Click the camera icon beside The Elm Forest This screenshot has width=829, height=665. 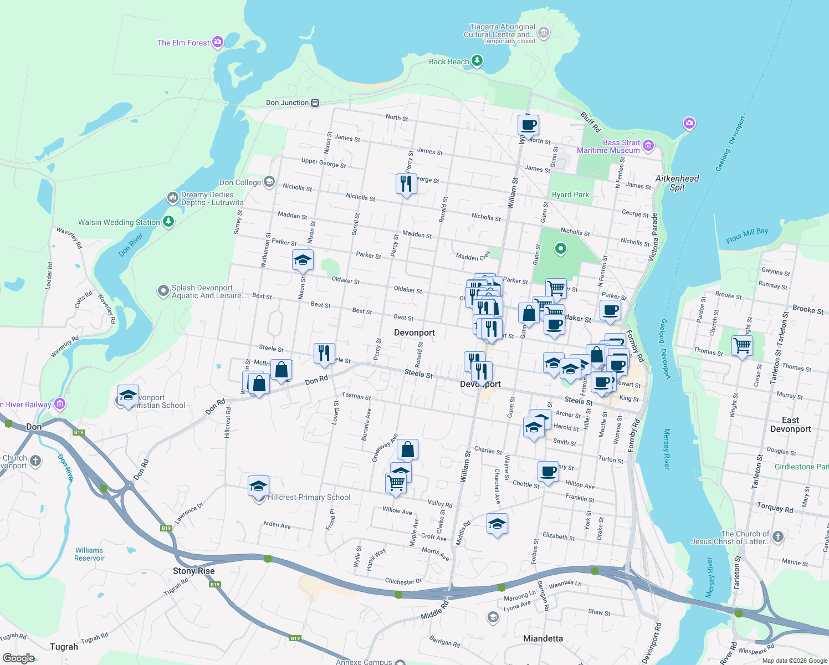(x=218, y=42)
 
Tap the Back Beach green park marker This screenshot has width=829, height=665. (x=477, y=61)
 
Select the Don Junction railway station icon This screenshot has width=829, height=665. (x=315, y=103)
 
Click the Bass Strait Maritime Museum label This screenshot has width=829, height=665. (x=608, y=146)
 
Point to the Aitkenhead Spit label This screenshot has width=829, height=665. (x=677, y=182)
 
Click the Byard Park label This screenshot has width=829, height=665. (x=570, y=195)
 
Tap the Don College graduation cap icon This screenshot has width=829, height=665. (x=269, y=182)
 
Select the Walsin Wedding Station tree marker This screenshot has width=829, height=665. (x=168, y=222)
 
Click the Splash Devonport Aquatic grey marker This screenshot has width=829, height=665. (x=163, y=291)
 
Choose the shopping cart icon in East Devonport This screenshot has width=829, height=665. (x=742, y=346)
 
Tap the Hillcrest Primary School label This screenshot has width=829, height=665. (x=309, y=497)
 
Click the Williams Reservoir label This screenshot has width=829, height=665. (x=89, y=554)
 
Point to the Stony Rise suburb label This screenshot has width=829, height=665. (x=193, y=571)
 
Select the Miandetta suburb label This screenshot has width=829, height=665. (x=543, y=638)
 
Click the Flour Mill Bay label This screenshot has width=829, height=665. (x=747, y=235)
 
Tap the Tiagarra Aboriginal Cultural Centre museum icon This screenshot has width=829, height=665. (x=544, y=33)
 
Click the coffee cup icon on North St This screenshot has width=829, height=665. (x=528, y=125)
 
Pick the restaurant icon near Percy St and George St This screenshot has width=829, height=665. (x=406, y=183)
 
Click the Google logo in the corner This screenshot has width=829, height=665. (x=18, y=658)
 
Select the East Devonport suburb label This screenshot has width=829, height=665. (x=790, y=424)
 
